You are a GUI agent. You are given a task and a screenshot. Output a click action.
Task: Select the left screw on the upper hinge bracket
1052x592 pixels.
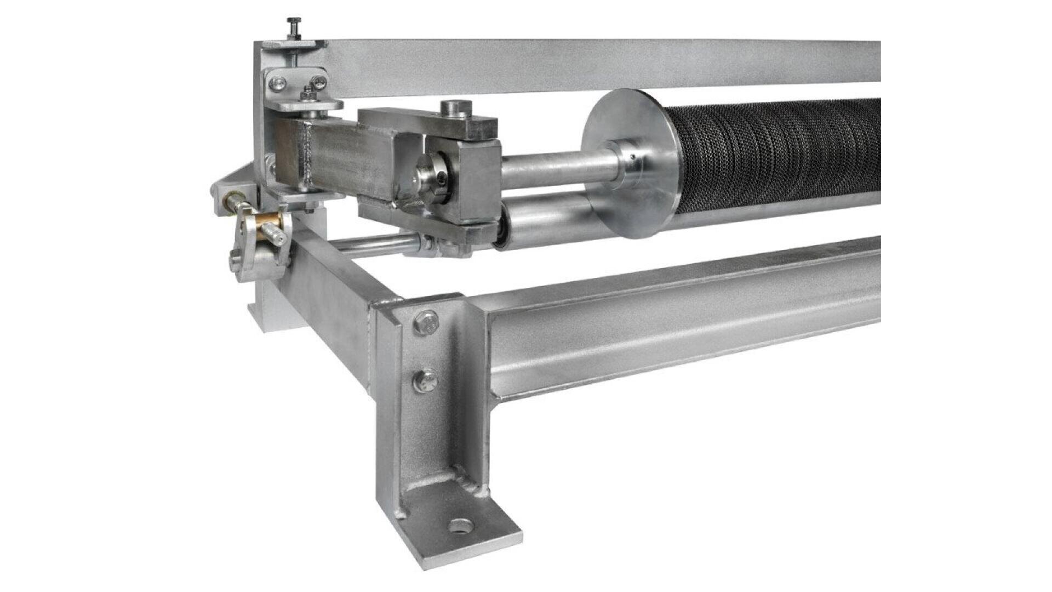pos(277,83)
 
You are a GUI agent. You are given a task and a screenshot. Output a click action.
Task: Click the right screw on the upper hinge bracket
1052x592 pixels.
pos(321,83)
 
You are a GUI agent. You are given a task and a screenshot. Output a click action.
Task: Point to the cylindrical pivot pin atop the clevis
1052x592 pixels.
pos(454,107)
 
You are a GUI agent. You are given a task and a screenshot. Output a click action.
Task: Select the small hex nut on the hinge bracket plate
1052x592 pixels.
pos(307,95)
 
